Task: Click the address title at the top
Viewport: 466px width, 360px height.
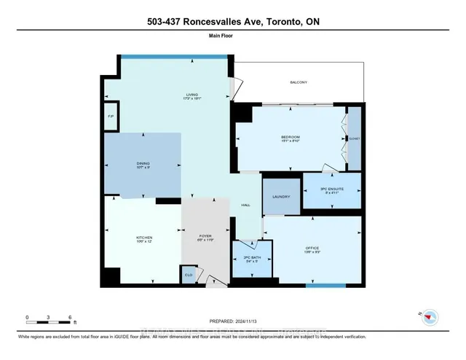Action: point(232,22)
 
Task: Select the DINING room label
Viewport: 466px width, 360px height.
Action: point(143,165)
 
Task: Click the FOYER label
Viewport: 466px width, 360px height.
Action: point(205,238)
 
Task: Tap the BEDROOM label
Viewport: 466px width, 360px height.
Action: point(291,139)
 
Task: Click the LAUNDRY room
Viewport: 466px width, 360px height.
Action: point(281,197)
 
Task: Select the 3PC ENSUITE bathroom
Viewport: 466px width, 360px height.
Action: point(332,191)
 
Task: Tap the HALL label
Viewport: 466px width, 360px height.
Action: point(245,206)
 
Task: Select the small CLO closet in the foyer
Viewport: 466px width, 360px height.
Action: point(189,275)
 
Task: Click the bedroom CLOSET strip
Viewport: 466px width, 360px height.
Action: point(354,138)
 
